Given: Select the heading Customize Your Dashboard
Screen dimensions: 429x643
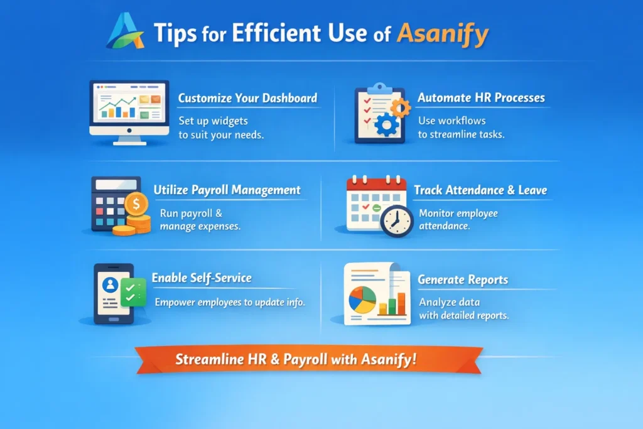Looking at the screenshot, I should (247, 98).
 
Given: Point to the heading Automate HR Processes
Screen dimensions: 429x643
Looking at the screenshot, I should (481, 98).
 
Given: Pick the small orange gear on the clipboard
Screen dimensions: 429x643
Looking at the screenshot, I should (400, 107).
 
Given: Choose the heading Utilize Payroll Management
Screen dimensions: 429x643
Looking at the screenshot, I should (227, 190).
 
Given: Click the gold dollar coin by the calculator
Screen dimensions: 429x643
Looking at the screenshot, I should (136, 204).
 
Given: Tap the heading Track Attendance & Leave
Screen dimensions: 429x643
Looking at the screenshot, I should (480, 190).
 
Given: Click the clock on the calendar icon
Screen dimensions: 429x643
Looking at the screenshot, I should (396, 220).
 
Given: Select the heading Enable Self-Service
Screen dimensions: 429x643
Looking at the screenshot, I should (202, 278).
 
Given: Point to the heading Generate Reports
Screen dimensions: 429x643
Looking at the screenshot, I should (463, 280).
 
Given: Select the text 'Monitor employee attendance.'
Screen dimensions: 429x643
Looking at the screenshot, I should (458, 219).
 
